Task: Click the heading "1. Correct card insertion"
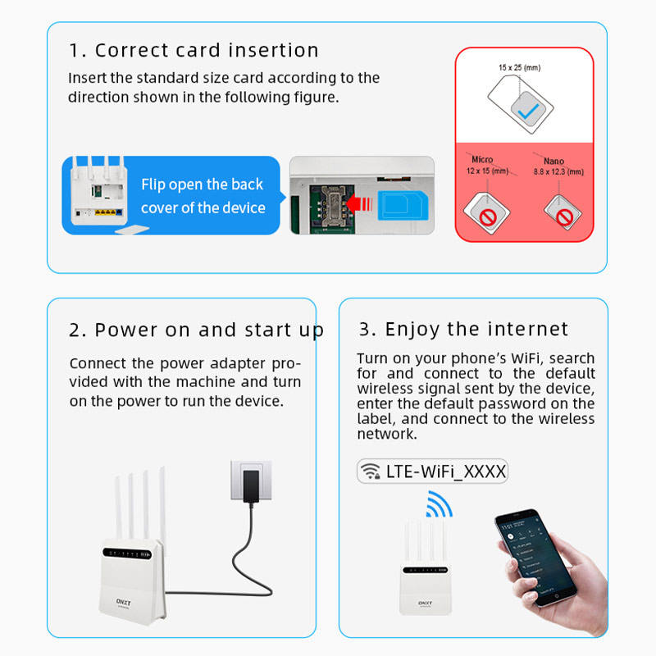[x=194, y=50]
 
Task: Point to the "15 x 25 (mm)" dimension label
[x=520, y=67]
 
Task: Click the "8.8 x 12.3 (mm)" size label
[x=558, y=171]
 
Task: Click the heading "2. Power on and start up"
[x=196, y=330]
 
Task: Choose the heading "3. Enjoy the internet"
[x=463, y=330]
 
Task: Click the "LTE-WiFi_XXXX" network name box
[x=433, y=471]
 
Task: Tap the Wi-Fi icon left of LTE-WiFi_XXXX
[x=371, y=471]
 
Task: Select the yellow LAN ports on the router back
[x=107, y=212]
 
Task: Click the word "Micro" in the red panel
[x=482, y=159]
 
